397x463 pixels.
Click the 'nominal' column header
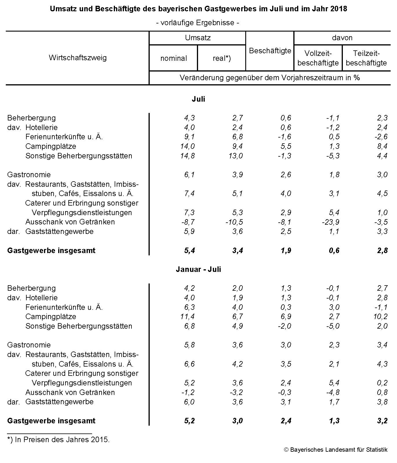pyautogui.click(x=173, y=58)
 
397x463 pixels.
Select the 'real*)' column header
pyautogui.click(x=222, y=58)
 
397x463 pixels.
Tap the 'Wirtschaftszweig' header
pyautogui.click(x=78, y=58)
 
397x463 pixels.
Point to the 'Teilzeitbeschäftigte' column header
pyautogui.click(x=366, y=58)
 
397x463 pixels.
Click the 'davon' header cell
pyautogui.click(x=342, y=38)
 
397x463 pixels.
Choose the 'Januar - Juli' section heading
pyautogui.click(x=198, y=269)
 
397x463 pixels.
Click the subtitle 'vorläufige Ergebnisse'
pyautogui.click(x=198, y=23)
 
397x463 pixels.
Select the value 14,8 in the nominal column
pyautogui.click(x=187, y=156)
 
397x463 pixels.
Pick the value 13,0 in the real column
pyautogui.click(x=235, y=156)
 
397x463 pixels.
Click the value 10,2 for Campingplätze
pyautogui.click(x=380, y=316)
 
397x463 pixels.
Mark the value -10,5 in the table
pyautogui.click(x=234, y=222)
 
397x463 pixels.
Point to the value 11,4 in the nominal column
pyautogui.click(x=187, y=316)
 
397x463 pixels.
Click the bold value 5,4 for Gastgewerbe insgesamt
pyautogui.click(x=189, y=250)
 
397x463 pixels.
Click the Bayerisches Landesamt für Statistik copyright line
pyautogui.click(x=336, y=450)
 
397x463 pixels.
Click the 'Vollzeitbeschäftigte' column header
pyautogui.click(x=318, y=58)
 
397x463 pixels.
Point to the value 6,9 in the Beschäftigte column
pyautogui.click(x=286, y=316)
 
